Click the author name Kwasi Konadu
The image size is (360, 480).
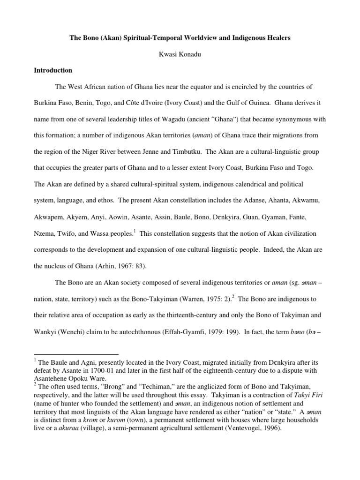180,54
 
